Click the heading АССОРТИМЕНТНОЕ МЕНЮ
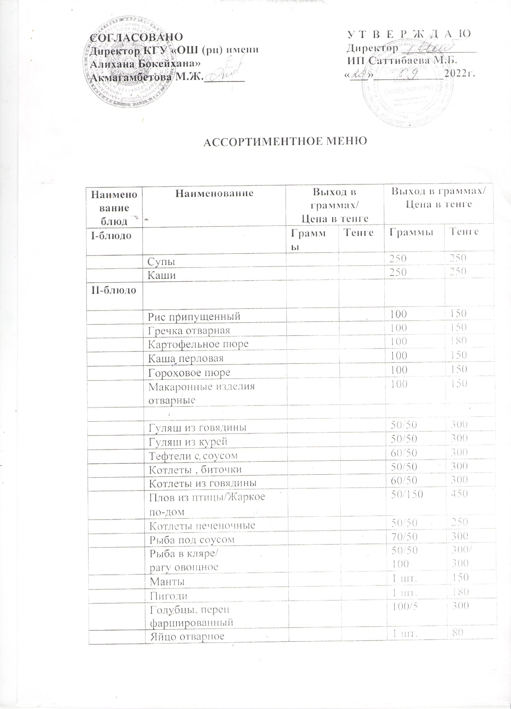click(x=285, y=142)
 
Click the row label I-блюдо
click(x=111, y=235)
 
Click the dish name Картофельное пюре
click(x=198, y=344)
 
